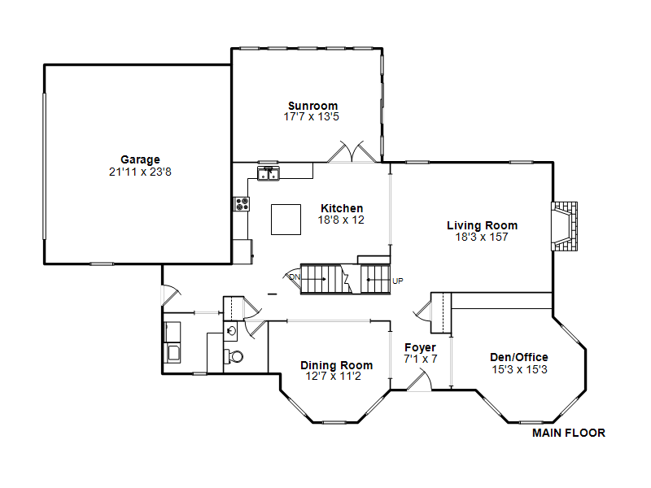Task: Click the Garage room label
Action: (140, 159)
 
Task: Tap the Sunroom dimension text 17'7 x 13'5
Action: (312, 116)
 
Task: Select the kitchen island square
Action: (286, 220)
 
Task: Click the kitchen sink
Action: (269, 173)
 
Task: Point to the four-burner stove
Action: (242, 204)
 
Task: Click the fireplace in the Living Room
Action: (564, 226)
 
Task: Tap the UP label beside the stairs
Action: (398, 281)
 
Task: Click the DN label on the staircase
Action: (295, 277)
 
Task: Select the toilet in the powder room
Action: (234, 356)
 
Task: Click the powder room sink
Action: (230, 331)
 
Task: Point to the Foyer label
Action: (420, 347)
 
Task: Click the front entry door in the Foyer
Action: (419, 381)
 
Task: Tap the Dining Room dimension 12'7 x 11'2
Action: (334, 376)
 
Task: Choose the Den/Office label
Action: (519, 357)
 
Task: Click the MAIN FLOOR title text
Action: (569, 433)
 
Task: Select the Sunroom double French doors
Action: (352, 152)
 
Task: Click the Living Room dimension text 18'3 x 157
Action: (482, 237)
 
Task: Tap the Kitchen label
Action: (342, 208)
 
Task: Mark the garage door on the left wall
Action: (45, 166)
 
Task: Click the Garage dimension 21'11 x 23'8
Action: (140, 172)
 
